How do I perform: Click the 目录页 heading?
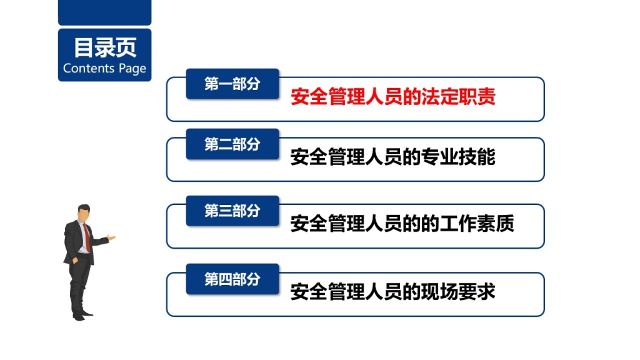coord(105,47)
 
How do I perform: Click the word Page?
coord(132,69)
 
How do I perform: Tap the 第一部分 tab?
coord(232,84)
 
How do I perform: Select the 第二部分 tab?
coord(232,144)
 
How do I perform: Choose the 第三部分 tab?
coord(232,211)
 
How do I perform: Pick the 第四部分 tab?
coord(232,279)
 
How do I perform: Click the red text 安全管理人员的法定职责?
coord(393,97)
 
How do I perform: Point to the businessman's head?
coord(84,212)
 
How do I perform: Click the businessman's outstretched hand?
coord(111,237)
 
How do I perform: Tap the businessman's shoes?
coord(82,315)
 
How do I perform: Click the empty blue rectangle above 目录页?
coord(105,12)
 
